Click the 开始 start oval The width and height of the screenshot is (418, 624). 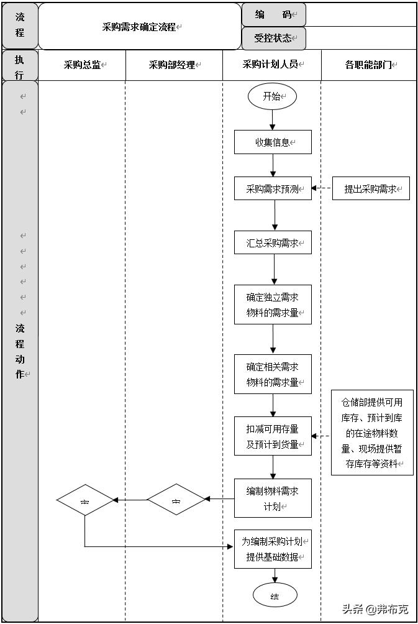pos(272,96)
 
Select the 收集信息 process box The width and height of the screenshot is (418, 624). pos(273,142)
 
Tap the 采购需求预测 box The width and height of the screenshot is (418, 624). pos(273,188)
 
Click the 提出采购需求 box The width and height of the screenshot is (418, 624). pos(371,188)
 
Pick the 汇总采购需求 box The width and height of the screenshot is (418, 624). pos(273,243)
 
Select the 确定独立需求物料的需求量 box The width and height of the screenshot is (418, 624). pos(273,305)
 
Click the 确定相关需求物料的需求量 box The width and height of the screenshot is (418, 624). pos(273,374)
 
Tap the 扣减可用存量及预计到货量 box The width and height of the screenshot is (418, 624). pos(273,436)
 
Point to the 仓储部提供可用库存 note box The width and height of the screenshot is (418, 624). pos(371,433)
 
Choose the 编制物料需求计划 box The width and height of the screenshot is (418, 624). pos(273,498)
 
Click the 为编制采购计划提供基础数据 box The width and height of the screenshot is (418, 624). pos(273,549)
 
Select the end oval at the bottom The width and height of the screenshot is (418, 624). pos(275,596)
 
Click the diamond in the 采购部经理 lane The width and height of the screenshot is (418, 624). pos(176,500)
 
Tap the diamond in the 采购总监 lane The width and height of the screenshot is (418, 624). pos(85,500)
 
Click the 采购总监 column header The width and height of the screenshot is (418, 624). pos(83,65)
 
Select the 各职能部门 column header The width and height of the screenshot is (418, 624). pos(369,65)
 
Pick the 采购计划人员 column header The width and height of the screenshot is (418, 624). pos(271,65)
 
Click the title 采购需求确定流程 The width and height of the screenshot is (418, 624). pos(140,27)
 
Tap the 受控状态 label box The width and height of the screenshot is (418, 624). pos(273,38)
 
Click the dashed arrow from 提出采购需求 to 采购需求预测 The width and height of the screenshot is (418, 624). pos(322,188)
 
